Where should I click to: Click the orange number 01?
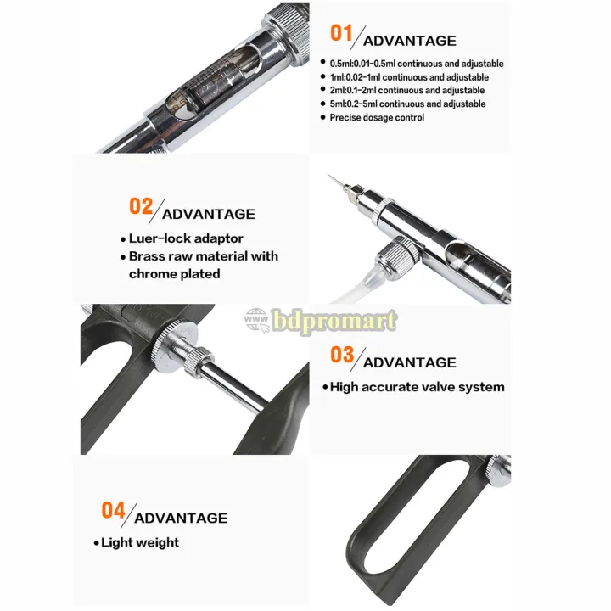(341, 33)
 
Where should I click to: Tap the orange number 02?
(141, 206)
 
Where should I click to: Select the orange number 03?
(342, 354)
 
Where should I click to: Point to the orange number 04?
(113, 510)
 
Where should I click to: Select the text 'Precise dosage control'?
(377, 117)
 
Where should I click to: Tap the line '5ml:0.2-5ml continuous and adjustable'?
(408, 104)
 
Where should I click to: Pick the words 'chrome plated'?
(174, 273)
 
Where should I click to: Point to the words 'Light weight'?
(140, 542)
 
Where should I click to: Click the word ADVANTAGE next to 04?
(181, 518)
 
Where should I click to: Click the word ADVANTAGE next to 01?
(409, 41)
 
